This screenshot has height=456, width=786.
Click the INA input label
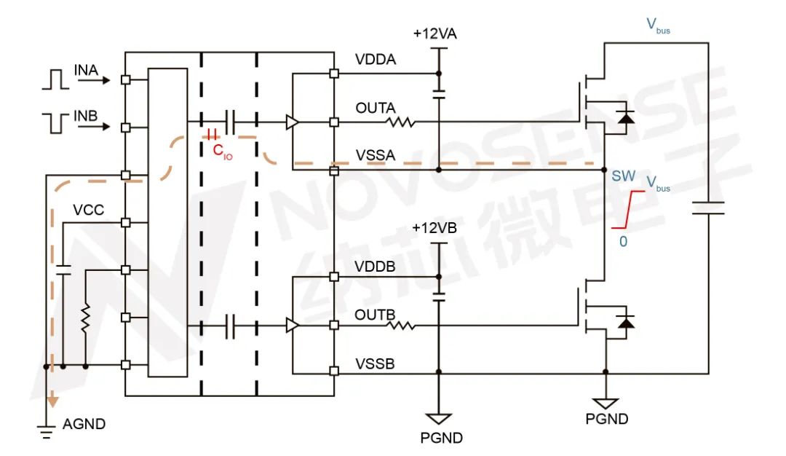(85, 70)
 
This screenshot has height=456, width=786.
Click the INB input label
(85, 117)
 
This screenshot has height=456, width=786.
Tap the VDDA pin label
(376, 60)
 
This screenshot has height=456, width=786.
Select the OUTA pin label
(376, 108)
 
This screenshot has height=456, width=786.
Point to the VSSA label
(376, 155)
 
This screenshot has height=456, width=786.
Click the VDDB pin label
(376, 267)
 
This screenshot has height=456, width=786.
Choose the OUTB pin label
(376, 315)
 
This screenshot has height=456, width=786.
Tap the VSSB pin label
(376, 362)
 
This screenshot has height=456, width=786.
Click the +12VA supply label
(435, 34)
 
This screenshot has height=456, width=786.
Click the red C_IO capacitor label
(222, 152)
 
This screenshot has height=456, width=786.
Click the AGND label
(84, 424)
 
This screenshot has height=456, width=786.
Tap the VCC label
(88, 211)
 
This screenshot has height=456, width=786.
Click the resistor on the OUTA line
(401, 122)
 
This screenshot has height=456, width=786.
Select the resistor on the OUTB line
(401, 325)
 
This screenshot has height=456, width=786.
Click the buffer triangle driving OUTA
(292, 122)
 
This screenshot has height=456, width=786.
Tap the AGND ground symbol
(47, 432)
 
